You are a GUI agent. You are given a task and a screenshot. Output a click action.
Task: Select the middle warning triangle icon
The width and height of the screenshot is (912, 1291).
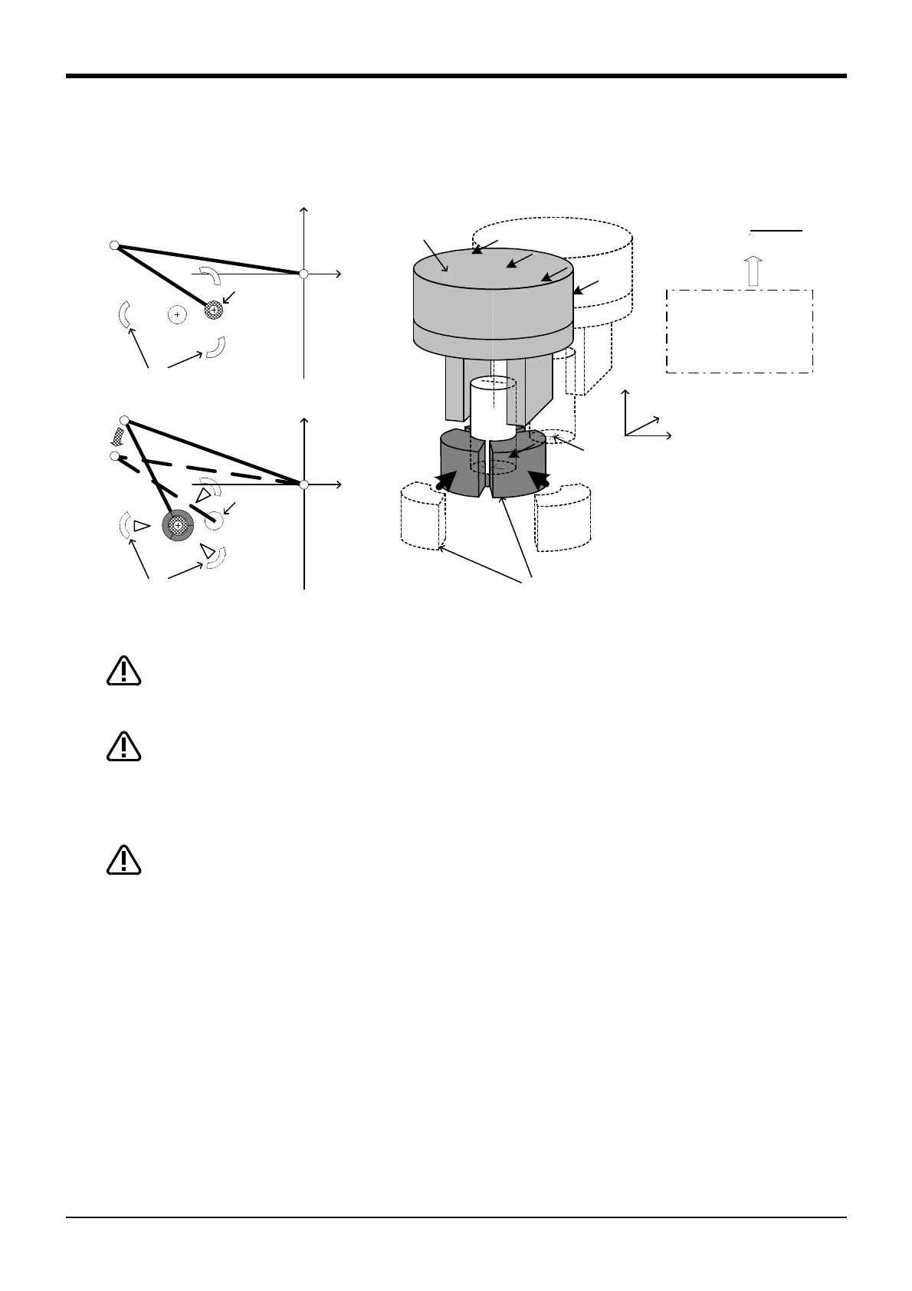pyautogui.click(x=123, y=747)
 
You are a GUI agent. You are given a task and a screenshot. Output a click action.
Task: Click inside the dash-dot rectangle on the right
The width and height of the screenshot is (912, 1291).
pyautogui.click(x=739, y=331)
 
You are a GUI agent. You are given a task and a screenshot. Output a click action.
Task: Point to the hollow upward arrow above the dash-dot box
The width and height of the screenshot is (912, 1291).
pyautogui.click(x=754, y=271)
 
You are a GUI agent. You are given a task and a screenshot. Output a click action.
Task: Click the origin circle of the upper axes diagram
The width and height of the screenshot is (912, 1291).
pyautogui.click(x=303, y=274)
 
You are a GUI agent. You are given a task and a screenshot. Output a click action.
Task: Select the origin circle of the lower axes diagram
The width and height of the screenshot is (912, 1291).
pyautogui.click(x=303, y=485)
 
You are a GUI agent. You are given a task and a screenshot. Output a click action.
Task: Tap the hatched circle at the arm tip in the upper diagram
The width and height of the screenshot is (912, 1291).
pyautogui.click(x=214, y=310)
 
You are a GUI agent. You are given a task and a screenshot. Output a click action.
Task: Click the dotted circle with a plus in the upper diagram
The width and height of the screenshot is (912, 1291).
pyautogui.click(x=177, y=314)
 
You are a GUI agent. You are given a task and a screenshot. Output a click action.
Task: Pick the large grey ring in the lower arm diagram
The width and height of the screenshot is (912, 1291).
pyautogui.click(x=178, y=525)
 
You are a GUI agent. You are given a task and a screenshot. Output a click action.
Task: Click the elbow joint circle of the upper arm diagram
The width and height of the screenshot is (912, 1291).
pyautogui.click(x=114, y=245)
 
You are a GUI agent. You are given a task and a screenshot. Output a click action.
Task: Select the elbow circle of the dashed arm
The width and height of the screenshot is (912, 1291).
pyautogui.click(x=115, y=456)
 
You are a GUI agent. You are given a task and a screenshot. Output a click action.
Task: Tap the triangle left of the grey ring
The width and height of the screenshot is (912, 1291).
pyautogui.click(x=140, y=526)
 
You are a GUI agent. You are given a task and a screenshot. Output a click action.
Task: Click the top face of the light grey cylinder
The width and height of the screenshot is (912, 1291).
pyautogui.click(x=492, y=269)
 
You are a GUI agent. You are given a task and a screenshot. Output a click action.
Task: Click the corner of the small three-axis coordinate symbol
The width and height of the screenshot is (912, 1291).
pyautogui.click(x=626, y=435)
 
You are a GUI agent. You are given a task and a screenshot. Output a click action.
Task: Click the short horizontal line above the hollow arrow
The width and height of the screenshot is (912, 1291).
pyautogui.click(x=776, y=230)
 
